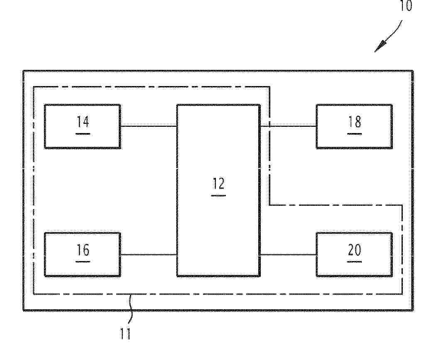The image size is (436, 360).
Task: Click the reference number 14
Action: click(83, 122)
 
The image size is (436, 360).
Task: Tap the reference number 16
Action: click(83, 250)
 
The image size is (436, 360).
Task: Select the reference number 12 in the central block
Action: click(218, 183)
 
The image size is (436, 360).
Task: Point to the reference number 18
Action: click(355, 122)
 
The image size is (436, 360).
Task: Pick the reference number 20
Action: click(355, 250)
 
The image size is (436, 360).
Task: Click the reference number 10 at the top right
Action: click(406, 5)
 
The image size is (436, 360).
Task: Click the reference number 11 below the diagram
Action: click(125, 333)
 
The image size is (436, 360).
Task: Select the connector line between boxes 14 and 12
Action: click(149, 126)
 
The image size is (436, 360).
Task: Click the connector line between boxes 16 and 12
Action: click(149, 254)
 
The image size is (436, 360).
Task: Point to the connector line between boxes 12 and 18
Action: click(288, 126)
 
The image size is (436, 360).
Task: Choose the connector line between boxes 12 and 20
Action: click(288, 254)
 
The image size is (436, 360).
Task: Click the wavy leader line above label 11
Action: click(130, 309)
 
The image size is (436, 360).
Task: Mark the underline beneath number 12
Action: click(218, 196)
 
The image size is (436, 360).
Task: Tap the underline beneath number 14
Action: click(83, 134)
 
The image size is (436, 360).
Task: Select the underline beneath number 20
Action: click(355, 262)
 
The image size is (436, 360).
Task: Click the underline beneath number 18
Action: click(355, 134)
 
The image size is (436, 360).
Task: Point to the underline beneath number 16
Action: click(83, 262)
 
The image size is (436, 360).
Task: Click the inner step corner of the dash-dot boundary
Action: click(269, 205)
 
